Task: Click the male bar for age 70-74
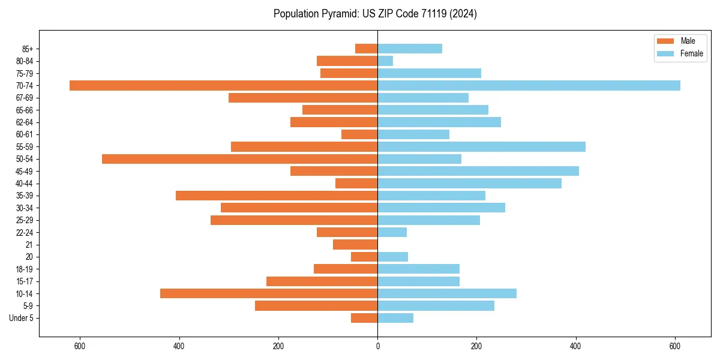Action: coord(223,86)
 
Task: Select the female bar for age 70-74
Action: coord(529,86)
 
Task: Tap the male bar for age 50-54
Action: coord(239,159)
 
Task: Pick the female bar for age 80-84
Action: coord(385,61)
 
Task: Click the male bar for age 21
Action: coord(355,245)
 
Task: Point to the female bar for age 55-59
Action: coord(481,147)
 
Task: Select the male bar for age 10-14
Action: coord(269,293)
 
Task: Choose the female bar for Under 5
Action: coord(395,318)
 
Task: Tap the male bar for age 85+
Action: coord(366,49)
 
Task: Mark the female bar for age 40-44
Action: coord(469,184)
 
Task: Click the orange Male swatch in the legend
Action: coord(665,41)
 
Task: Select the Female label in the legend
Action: coord(691,53)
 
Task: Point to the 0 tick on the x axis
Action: coord(377,346)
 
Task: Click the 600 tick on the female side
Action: coord(675,346)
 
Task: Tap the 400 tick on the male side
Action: coord(179,346)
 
